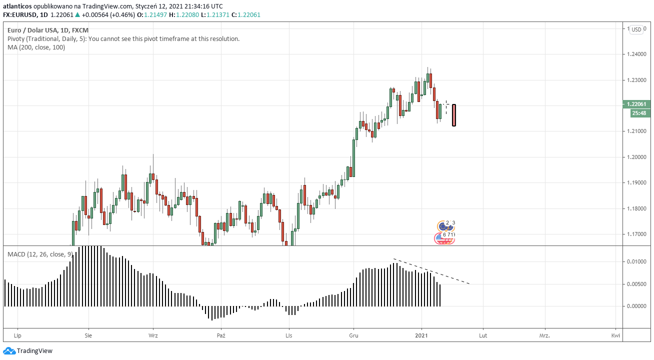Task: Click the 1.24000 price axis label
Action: coord(636,54)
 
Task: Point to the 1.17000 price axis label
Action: coord(636,234)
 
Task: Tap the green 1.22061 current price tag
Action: coord(637,104)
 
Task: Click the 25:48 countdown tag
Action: coord(638,113)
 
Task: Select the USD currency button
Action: coord(636,29)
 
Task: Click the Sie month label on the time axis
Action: coord(88,335)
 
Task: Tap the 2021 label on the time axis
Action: coord(421,335)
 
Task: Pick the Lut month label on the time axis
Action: coord(483,335)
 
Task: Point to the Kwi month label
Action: coord(616,335)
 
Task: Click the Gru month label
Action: coord(354,335)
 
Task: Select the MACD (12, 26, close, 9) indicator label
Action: coord(38,254)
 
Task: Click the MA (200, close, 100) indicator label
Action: coord(36,47)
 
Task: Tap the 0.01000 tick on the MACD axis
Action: coord(636,262)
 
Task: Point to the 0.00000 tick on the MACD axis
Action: coord(636,306)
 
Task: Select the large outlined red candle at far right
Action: coord(453,115)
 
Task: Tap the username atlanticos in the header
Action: coord(17,6)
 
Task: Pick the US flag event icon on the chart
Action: coord(444,239)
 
